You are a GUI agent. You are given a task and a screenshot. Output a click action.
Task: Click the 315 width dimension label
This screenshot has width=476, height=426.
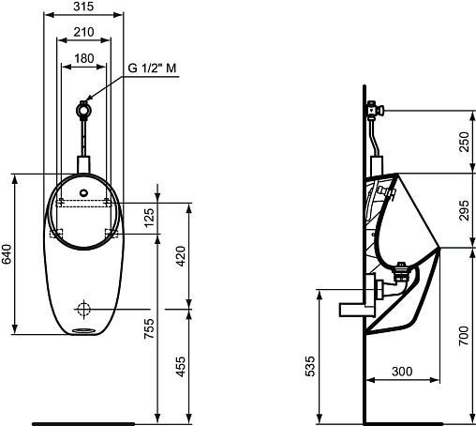83,7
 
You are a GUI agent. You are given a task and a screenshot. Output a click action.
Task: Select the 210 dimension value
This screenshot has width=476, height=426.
83,32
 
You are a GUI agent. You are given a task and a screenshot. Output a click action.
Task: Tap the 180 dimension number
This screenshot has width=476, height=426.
84,58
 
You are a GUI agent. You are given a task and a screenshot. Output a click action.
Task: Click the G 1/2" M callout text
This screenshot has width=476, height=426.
152,68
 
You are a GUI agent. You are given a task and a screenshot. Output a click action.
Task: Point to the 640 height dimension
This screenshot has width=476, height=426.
7,254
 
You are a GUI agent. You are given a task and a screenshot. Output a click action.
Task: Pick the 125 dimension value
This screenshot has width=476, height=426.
150,218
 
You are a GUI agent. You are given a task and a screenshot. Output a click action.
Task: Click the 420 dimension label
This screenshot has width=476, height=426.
181,256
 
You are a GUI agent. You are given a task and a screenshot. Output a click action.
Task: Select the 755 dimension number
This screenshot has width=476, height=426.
150,328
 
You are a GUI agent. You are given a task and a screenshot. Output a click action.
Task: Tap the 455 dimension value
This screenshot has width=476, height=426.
181,367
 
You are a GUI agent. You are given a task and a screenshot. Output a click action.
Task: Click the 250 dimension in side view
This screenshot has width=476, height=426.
465,142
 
